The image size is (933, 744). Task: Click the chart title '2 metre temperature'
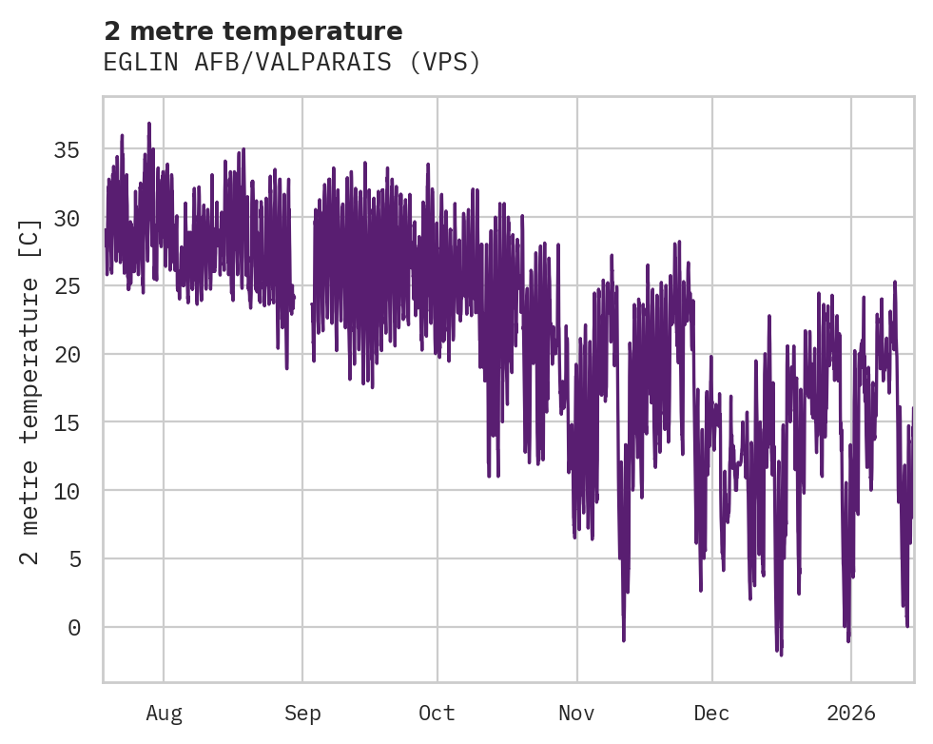tap(253, 31)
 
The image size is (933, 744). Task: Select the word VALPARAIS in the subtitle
tap(336, 63)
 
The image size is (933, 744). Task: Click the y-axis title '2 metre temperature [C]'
tap(31, 390)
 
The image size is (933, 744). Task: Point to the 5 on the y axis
tap(73, 558)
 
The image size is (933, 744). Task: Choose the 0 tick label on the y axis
tap(73, 627)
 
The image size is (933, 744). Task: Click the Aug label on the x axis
tap(164, 713)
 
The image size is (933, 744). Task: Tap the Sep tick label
tap(302, 713)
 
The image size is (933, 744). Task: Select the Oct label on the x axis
tap(437, 713)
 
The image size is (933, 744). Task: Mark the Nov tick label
tap(576, 713)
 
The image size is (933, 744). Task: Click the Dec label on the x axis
tap(711, 713)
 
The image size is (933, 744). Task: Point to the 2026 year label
tap(850, 713)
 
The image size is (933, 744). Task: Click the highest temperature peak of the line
tap(149, 124)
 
